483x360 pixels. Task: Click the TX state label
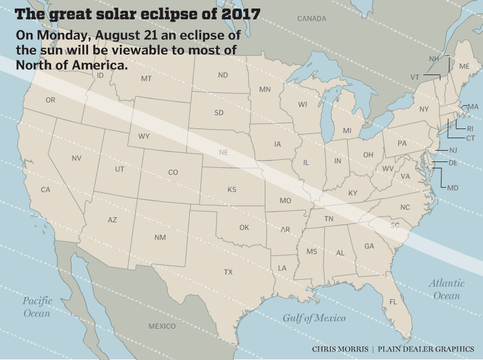228,272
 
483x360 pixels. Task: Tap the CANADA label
312,19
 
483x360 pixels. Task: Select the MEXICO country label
162,326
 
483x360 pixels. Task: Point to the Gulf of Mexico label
314,318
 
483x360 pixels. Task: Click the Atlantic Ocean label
447,289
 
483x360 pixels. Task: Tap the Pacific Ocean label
38,307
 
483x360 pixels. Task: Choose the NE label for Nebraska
224,152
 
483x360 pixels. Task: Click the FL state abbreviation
393,301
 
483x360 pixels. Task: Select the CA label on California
45,189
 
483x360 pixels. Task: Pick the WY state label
144,136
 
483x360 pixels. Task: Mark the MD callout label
453,188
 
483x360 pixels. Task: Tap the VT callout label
415,77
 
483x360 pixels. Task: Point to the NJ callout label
453,150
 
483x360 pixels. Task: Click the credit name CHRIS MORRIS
339,349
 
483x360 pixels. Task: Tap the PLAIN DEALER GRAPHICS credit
426,349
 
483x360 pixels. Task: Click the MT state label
146,78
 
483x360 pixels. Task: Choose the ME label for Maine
464,67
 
